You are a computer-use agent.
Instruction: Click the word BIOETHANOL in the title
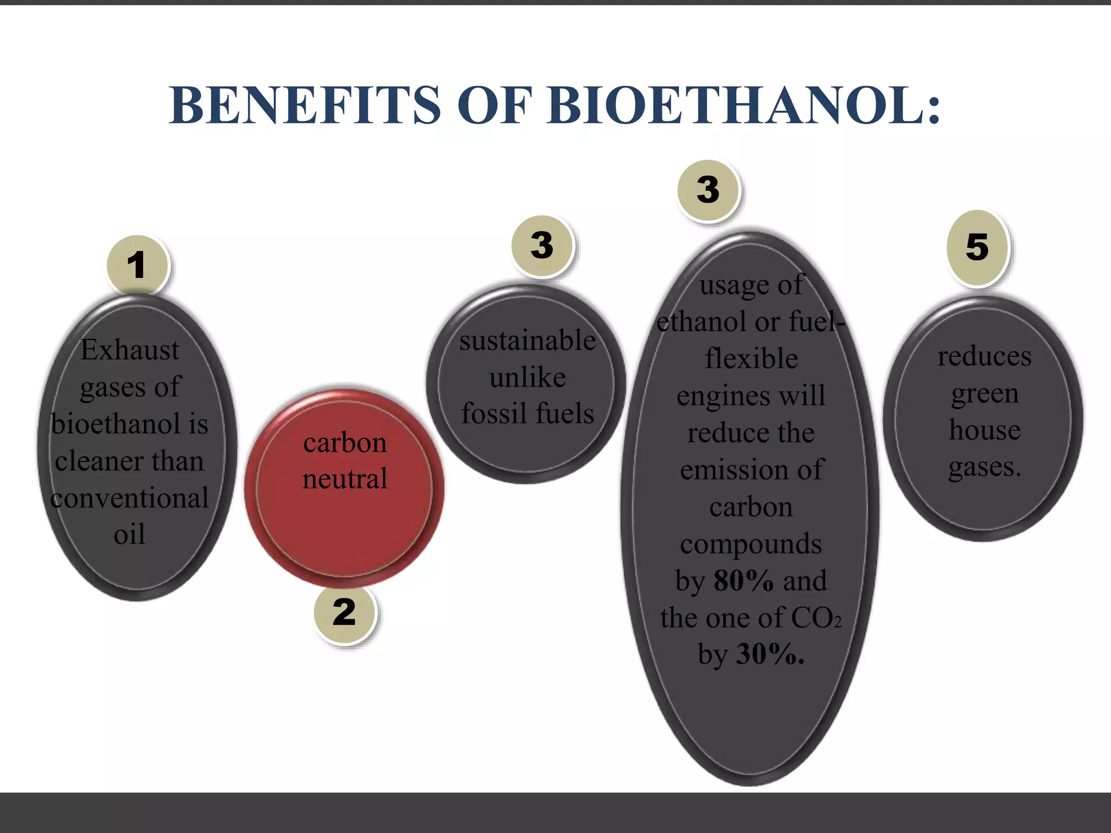click(x=743, y=106)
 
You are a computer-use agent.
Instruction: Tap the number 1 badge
click(x=137, y=266)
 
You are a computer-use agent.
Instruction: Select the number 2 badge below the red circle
click(x=344, y=613)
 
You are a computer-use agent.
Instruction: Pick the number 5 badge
click(x=977, y=247)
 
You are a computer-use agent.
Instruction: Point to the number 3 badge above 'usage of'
click(x=708, y=190)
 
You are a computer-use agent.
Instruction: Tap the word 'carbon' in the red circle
click(x=345, y=443)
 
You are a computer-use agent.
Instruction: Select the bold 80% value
click(x=743, y=581)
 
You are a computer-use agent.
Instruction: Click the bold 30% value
click(x=770, y=655)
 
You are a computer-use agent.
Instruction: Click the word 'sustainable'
click(x=527, y=341)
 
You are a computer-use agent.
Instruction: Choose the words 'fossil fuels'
click(x=527, y=414)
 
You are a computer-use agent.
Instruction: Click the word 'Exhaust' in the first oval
click(x=130, y=350)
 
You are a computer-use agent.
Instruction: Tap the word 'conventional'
click(x=130, y=498)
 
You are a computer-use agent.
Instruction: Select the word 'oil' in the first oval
click(x=130, y=535)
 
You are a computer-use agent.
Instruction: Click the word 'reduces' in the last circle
click(x=984, y=357)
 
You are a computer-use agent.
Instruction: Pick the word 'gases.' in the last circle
click(x=984, y=467)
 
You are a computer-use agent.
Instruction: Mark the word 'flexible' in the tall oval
click(x=751, y=359)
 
